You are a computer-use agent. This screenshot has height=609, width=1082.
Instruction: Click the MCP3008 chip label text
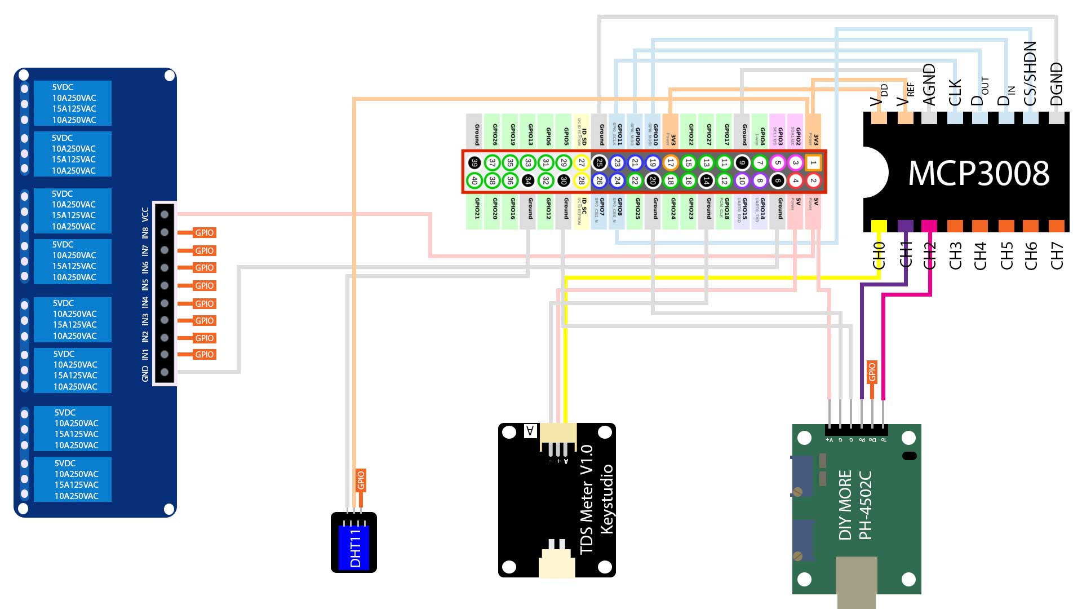coord(979,173)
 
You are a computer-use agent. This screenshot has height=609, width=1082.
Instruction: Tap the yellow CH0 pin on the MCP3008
coord(879,226)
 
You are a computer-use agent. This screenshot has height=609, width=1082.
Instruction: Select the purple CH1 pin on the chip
coord(905,226)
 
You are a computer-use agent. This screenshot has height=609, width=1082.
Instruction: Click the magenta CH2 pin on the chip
coord(929,226)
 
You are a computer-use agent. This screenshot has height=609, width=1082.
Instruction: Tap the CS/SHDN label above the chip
coord(1030,73)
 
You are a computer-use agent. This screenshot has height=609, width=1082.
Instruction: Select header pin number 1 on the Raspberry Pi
coord(813,163)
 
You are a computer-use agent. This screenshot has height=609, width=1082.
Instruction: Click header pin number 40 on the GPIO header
coord(475,181)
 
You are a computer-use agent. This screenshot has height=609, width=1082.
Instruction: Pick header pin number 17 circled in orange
coord(671,163)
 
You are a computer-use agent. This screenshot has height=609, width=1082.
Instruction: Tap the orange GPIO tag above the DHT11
coord(361,480)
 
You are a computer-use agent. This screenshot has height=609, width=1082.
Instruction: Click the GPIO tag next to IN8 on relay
coord(204,232)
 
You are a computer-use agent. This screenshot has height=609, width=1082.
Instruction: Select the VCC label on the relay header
coord(145,214)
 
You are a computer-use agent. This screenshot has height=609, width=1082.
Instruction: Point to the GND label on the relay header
coord(145,373)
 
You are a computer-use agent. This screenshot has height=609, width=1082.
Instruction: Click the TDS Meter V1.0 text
coord(586,499)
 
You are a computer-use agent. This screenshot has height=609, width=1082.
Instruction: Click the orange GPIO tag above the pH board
coord(872,372)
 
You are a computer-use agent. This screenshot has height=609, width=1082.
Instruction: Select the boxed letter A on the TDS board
coord(530,431)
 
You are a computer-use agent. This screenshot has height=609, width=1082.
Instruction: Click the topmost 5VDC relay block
coord(73,103)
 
